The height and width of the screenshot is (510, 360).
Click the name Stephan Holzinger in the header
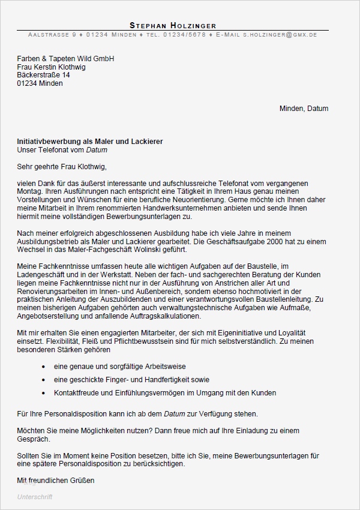tap(172, 25)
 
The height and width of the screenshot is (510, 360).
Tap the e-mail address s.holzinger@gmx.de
tap(280, 35)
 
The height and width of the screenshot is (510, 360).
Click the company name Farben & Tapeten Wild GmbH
tap(65, 59)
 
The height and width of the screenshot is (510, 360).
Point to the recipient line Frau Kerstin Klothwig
tap(51, 67)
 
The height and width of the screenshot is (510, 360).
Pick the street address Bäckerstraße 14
tap(44, 76)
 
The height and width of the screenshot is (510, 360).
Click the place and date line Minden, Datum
tap(304, 109)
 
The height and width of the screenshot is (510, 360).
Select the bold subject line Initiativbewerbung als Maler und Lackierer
tap(90, 141)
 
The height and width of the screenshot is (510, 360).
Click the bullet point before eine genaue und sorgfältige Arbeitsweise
tap(44, 367)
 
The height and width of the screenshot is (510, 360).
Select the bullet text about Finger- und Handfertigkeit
tap(131, 380)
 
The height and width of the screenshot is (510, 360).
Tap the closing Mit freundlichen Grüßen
tap(56, 481)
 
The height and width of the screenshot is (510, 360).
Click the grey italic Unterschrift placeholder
tap(35, 497)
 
